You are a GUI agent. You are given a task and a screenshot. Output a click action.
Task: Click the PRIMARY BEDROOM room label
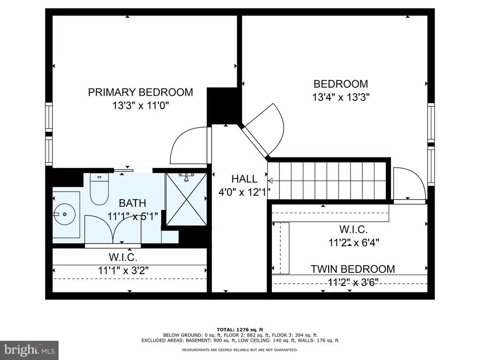point(141,92)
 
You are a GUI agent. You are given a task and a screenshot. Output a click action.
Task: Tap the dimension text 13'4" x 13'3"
point(341,97)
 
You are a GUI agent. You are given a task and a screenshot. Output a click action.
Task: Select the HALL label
point(244,179)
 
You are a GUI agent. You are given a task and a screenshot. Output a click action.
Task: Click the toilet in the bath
point(99,189)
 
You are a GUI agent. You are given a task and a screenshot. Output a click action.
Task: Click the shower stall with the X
point(186,199)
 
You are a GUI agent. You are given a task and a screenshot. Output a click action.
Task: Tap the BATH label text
point(132,203)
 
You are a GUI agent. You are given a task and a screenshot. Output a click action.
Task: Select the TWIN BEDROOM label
point(352,269)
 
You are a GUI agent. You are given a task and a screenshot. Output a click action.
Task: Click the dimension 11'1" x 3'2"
point(123,270)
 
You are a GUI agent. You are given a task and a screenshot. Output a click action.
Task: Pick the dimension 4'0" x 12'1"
point(244,192)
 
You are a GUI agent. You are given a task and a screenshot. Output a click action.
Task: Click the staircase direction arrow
point(270,180)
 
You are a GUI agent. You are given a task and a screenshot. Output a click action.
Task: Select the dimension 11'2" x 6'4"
point(353,243)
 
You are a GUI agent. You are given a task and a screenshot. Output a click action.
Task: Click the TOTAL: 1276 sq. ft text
point(240,330)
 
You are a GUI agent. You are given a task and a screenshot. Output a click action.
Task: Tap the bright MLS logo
point(30,350)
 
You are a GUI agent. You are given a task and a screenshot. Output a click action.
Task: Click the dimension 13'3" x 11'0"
point(141,105)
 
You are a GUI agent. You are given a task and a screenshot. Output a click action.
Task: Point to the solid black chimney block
point(222,106)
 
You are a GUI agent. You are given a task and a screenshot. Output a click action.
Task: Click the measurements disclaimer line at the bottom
point(240,350)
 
